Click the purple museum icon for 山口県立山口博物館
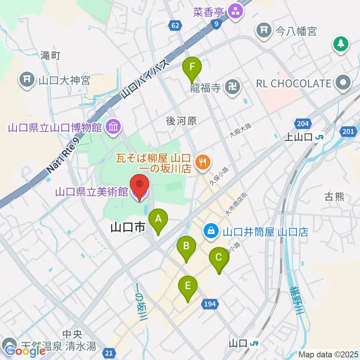113,127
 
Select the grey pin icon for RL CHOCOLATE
343,83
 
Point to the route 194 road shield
210,303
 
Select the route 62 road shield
175,25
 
